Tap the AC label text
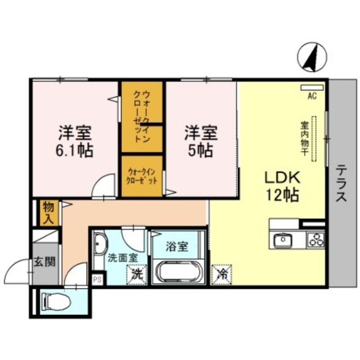click(x=312, y=95)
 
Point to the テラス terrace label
click(x=342, y=184)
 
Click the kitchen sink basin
click(x=283, y=240)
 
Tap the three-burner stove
click(x=316, y=240)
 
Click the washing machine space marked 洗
click(x=137, y=274)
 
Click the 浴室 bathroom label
click(x=176, y=247)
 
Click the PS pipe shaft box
click(x=97, y=279)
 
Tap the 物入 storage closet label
click(x=48, y=213)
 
